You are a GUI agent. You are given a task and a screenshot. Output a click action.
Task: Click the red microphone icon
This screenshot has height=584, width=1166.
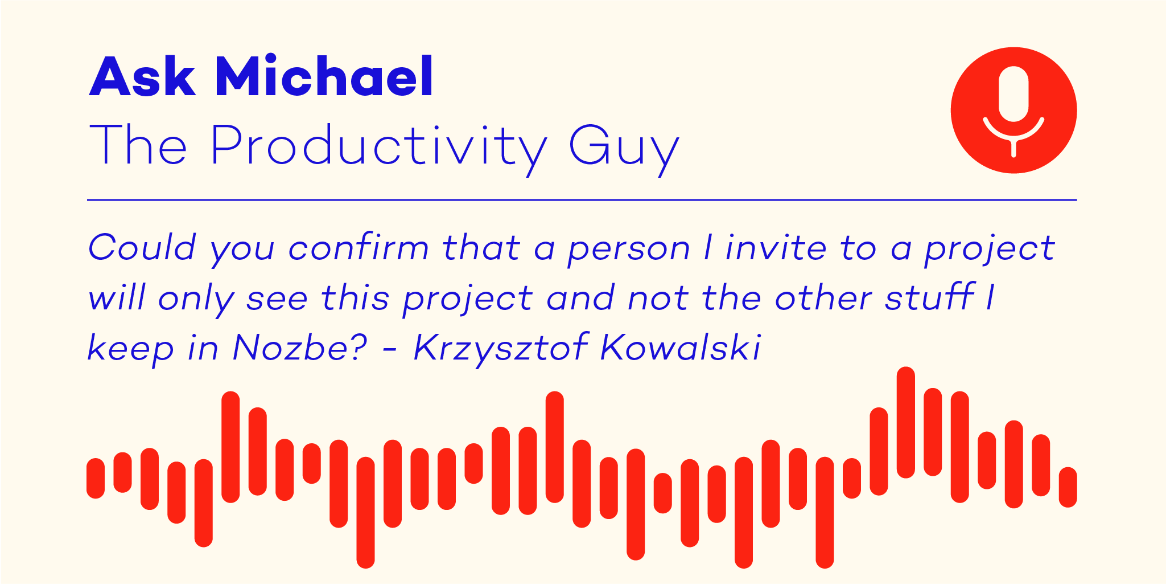coord(1013,110)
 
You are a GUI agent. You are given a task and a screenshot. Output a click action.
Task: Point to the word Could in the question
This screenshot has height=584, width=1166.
coord(142,248)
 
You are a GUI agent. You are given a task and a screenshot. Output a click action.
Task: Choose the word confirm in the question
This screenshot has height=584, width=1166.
coord(359,248)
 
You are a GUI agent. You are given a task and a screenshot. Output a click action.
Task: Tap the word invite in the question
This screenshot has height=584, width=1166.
coord(776,248)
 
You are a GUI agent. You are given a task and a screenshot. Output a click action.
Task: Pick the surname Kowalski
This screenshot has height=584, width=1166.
coord(681,347)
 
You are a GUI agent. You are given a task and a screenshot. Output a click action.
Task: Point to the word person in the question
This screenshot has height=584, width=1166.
coord(629,251)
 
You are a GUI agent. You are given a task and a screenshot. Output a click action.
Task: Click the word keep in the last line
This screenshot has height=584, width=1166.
coord(130,348)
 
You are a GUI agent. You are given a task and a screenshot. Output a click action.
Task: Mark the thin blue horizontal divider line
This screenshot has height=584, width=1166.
coord(582,200)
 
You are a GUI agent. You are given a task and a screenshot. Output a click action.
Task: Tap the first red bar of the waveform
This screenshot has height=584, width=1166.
coord(96,478)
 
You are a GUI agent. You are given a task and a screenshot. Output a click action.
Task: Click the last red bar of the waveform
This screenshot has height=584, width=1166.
coord(1068,487)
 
